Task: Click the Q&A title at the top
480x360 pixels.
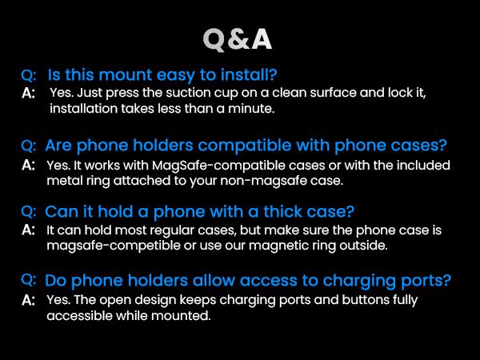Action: (239, 38)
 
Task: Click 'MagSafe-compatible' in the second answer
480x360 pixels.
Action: (180, 166)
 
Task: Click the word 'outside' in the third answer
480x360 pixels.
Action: (361, 245)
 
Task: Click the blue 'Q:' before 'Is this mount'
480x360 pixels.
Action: (29, 75)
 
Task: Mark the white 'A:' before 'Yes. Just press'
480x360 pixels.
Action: (29, 94)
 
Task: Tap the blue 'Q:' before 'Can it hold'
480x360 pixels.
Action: (29, 212)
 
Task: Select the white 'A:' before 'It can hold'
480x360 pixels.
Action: (29, 230)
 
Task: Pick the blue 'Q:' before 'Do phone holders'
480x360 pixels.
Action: (29, 281)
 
